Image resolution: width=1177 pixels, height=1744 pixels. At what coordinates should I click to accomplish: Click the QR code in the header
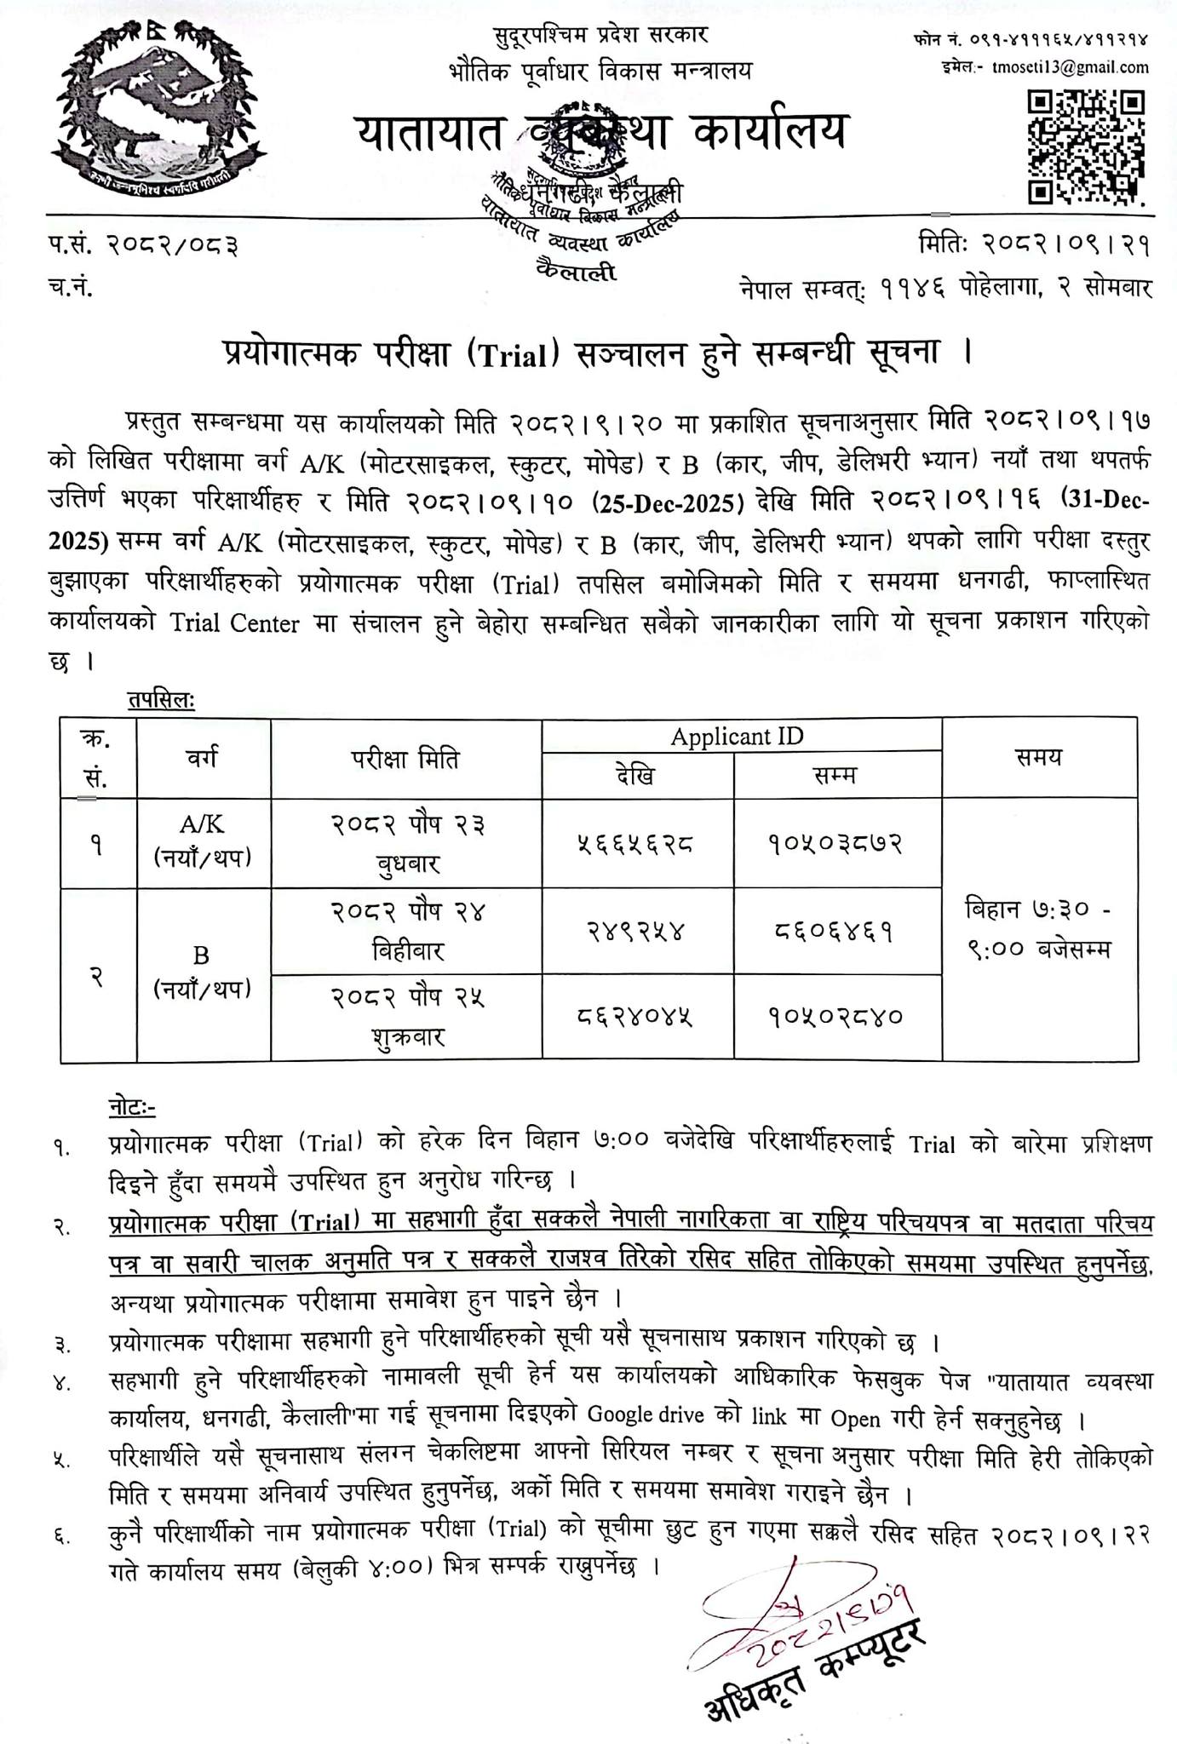(x=1084, y=146)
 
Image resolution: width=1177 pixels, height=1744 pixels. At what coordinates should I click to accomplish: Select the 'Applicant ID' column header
(x=737, y=736)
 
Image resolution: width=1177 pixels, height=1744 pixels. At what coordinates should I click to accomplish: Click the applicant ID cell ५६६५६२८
(x=637, y=844)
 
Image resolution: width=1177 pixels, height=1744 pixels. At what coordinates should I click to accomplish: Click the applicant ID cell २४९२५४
(x=637, y=932)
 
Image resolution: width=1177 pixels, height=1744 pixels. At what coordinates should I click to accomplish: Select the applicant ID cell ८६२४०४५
(x=637, y=1017)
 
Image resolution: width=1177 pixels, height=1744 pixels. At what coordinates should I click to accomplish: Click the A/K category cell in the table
(x=203, y=841)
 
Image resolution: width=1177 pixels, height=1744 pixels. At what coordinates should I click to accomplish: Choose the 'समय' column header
(x=1038, y=756)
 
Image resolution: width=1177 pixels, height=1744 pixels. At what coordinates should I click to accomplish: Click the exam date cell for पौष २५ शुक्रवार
(x=407, y=1017)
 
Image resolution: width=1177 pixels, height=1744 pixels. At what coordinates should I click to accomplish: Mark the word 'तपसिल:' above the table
(x=161, y=700)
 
